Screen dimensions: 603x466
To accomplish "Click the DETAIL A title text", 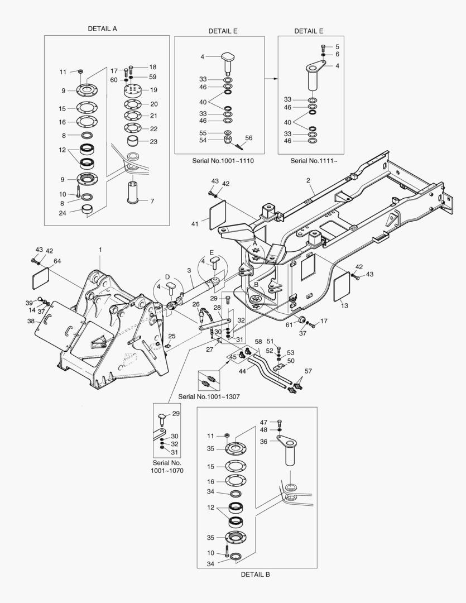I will [x=102, y=28].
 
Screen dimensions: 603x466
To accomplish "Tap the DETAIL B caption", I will [x=255, y=574].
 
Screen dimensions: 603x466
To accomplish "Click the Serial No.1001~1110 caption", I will [x=223, y=160].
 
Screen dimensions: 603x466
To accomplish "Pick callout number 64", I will [x=57, y=261].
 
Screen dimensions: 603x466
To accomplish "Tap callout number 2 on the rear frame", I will [x=308, y=180].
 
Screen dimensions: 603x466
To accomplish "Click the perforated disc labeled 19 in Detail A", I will [x=134, y=90].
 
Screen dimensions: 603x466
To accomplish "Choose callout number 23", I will [x=153, y=142].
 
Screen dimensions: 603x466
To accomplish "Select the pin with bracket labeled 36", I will [x=290, y=450].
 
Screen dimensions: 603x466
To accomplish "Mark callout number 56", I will [x=249, y=137].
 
